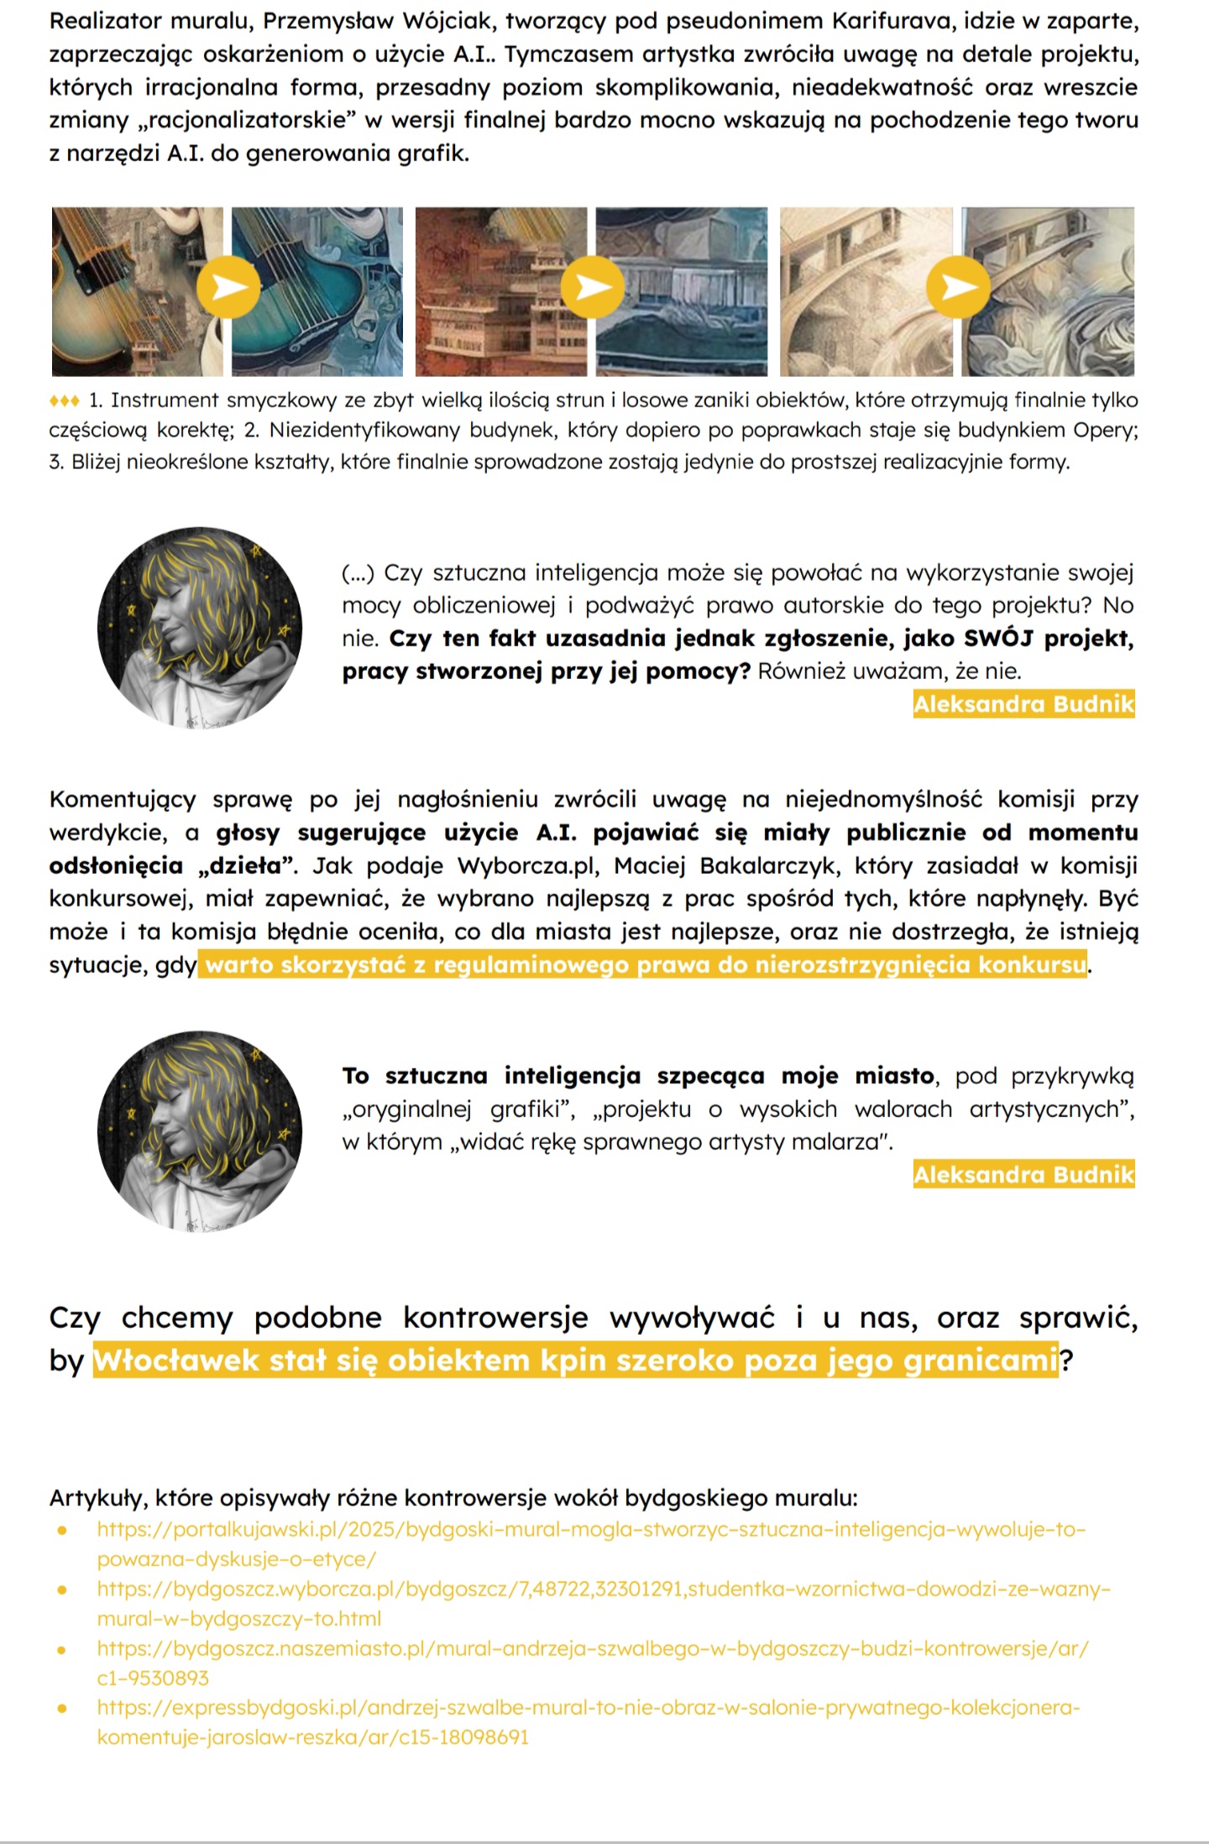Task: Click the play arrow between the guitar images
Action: (x=228, y=287)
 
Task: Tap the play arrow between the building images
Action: (x=593, y=287)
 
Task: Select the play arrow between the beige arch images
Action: (x=958, y=287)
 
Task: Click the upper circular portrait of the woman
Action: (x=200, y=629)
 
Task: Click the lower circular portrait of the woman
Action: (x=200, y=1132)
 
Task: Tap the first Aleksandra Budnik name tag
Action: (x=1023, y=704)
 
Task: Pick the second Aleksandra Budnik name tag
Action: (x=1023, y=1174)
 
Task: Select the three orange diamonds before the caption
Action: (x=65, y=400)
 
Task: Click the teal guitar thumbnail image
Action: (x=317, y=291)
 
